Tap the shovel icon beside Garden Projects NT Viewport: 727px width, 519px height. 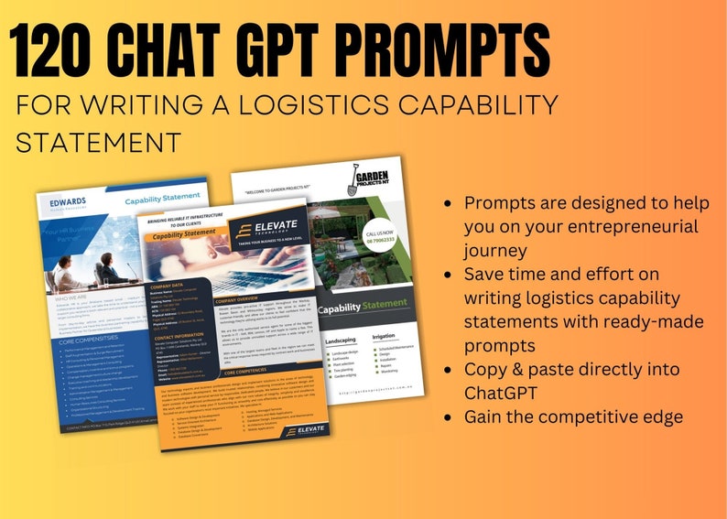[353, 178]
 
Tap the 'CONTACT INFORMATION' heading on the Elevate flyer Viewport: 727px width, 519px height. [181, 336]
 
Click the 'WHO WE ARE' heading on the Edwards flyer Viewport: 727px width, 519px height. [72, 297]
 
